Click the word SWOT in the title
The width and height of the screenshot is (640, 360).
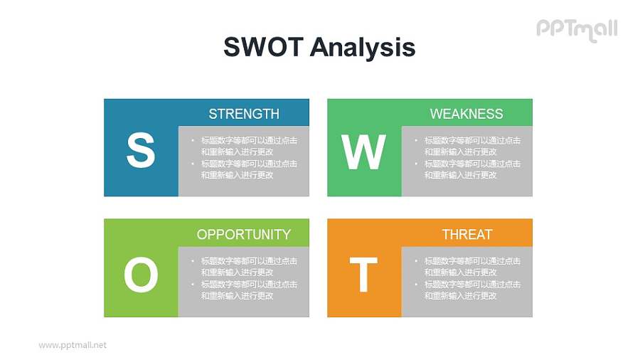point(263,47)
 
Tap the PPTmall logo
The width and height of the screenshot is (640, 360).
point(576,29)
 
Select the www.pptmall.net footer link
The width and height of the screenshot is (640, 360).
point(73,345)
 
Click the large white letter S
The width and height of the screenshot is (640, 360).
point(140,151)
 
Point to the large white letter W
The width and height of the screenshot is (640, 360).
point(363,152)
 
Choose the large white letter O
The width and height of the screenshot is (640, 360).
point(141,275)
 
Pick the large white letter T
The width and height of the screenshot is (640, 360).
point(363,275)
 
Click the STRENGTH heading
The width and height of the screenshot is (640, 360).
point(244,114)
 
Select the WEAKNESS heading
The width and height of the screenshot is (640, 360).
point(466,114)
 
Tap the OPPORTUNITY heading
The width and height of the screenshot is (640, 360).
point(244,234)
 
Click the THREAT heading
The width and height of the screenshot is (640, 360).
point(466,234)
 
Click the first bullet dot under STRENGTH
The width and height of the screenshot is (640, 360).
point(193,141)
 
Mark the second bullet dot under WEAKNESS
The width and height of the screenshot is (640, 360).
point(416,164)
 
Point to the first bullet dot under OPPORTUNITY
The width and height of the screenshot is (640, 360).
point(193,261)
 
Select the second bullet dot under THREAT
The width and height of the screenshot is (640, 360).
point(416,285)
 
